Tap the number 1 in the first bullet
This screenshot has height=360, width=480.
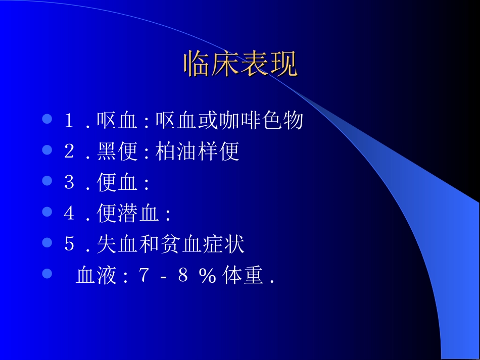[x=69, y=121]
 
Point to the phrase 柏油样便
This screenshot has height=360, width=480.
[x=197, y=151]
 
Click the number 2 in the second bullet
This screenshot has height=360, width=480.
[x=69, y=151]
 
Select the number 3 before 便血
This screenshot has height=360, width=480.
[x=69, y=182]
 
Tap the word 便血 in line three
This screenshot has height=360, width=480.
[x=117, y=182]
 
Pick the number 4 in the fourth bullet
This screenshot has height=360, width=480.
[x=69, y=214]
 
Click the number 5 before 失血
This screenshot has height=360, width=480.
[x=69, y=244]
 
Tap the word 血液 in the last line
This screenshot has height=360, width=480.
[x=96, y=276]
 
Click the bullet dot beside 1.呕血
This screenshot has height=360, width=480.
[x=47, y=119]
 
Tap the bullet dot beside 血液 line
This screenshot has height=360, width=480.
[x=47, y=274]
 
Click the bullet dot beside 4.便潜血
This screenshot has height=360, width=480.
[x=47, y=212]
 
